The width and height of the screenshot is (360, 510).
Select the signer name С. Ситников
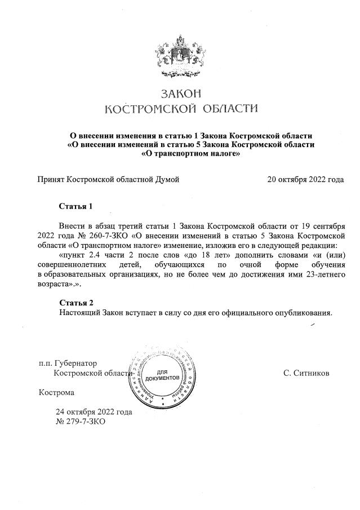(307, 373)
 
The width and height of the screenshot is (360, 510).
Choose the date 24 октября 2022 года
(94, 412)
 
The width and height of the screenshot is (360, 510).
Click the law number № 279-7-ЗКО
(81, 422)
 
